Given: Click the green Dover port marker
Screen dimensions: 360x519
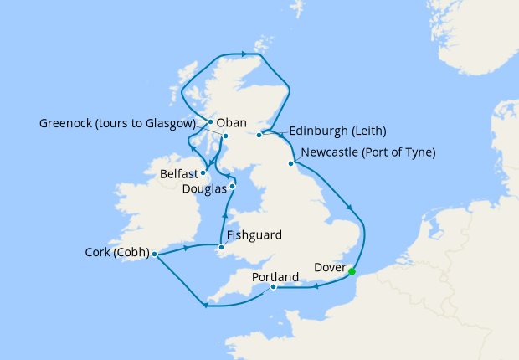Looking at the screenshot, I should (x=352, y=271).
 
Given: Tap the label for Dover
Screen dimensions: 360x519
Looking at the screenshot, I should (x=328, y=268).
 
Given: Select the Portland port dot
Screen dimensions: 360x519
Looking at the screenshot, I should (x=274, y=288).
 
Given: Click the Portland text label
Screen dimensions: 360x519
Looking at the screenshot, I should (x=275, y=276).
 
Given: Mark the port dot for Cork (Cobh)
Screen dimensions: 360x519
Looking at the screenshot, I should (x=155, y=254).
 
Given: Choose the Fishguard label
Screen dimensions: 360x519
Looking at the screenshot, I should (x=254, y=235).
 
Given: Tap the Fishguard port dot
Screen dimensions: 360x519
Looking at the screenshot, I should (x=221, y=247).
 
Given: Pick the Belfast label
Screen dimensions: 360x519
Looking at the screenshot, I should (x=180, y=174).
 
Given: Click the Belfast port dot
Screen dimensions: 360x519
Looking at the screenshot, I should (x=203, y=173).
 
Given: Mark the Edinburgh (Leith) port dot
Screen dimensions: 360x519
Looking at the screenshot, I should (x=259, y=135).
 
